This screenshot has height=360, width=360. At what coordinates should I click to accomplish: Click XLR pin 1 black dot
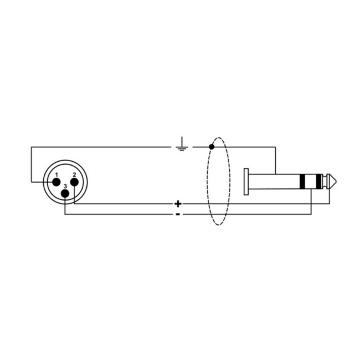pos(56,182)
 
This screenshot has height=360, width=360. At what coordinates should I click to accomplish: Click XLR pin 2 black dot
pos(74,182)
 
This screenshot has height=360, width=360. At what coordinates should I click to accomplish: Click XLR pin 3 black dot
pos(65,193)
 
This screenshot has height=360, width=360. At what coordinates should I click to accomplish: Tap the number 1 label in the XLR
pos(56,175)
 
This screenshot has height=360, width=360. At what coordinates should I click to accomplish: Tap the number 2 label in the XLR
pos(74,175)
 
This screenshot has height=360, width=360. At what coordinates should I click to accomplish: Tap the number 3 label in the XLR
pos(65,187)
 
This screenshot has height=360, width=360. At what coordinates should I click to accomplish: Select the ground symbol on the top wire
pos(182,144)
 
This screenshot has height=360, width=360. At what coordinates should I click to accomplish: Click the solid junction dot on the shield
pos(212,147)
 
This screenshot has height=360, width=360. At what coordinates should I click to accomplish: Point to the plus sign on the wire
pos(178,203)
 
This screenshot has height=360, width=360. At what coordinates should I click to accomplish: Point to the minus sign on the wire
pos(178,214)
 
